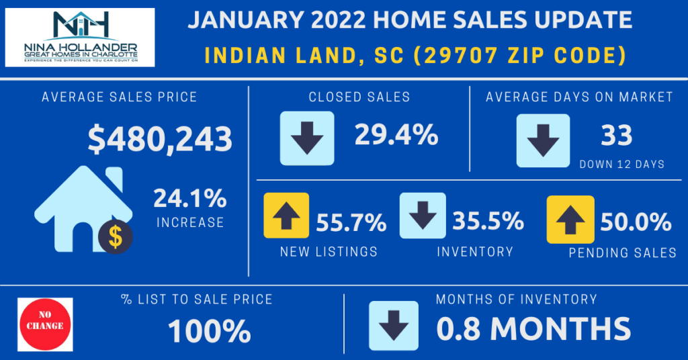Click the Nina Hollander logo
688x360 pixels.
[x=80, y=38]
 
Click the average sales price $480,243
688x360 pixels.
[x=160, y=139]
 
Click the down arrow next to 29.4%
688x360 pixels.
[x=307, y=138]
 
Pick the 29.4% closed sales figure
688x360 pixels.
[x=396, y=136]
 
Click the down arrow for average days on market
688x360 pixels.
[x=543, y=140]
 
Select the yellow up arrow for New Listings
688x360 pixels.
[x=287, y=215]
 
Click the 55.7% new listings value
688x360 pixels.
[x=351, y=222]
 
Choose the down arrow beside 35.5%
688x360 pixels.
[x=423, y=215]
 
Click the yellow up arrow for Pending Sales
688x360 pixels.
[x=570, y=219]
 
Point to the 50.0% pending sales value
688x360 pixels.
[x=636, y=222]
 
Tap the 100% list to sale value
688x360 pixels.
[x=209, y=331]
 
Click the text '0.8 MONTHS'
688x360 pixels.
[x=533, y=328]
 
